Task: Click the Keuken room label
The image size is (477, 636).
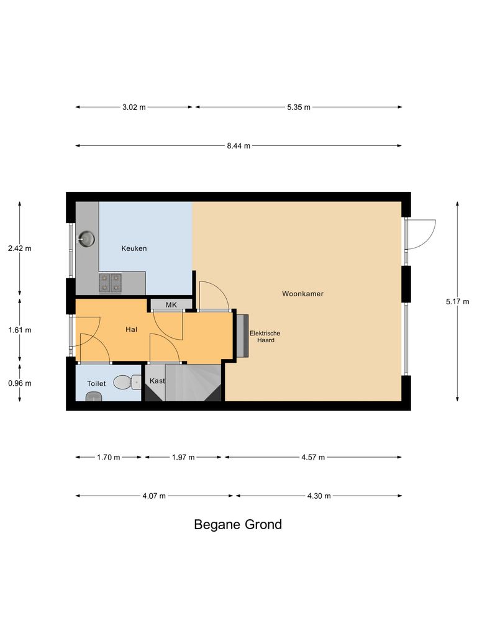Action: pos(134,248)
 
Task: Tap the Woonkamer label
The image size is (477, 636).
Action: pos(302,293)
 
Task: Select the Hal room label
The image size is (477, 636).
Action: pos(131,330)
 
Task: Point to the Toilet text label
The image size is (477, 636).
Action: pos(96,384)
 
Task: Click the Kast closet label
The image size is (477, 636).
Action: pos(157,381)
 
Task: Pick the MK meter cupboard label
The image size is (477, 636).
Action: pos(171,305)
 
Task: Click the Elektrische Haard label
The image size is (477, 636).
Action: pos(265,337)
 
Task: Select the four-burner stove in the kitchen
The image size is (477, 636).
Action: pos(110,283)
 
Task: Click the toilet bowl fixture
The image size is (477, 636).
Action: pos(127,382)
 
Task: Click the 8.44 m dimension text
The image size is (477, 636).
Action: pos(238,146)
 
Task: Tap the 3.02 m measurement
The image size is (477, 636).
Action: pos(134,107)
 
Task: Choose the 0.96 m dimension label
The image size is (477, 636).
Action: pos(19,383)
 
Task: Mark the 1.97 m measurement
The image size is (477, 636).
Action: pos(183,458)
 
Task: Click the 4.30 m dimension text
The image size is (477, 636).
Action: pos(318,496)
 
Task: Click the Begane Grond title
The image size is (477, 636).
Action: pos(238,524)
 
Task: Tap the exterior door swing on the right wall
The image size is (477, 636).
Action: pos(422,234)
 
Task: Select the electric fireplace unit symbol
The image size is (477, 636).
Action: pos(242,335)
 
